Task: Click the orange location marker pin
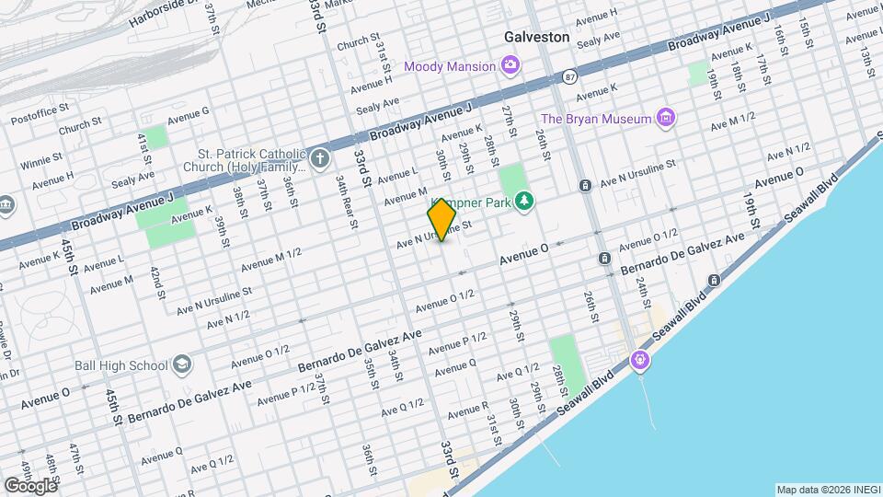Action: click(x=441, y=220)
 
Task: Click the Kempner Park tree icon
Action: click(x=524, y=200)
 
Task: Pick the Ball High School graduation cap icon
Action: click(x=182, y=365)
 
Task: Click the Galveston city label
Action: click(x=536, y=38)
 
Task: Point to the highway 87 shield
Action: click(x=571, y=78)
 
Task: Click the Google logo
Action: click(x=29, y=485)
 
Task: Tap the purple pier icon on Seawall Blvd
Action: click(x=640, y=359)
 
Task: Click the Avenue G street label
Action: click(x=189, y=112)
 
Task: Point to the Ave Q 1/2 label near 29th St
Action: click(x=517, y=372)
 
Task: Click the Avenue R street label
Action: click(x=473, y=407)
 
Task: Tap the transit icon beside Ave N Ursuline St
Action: click(x=585, y=186)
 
